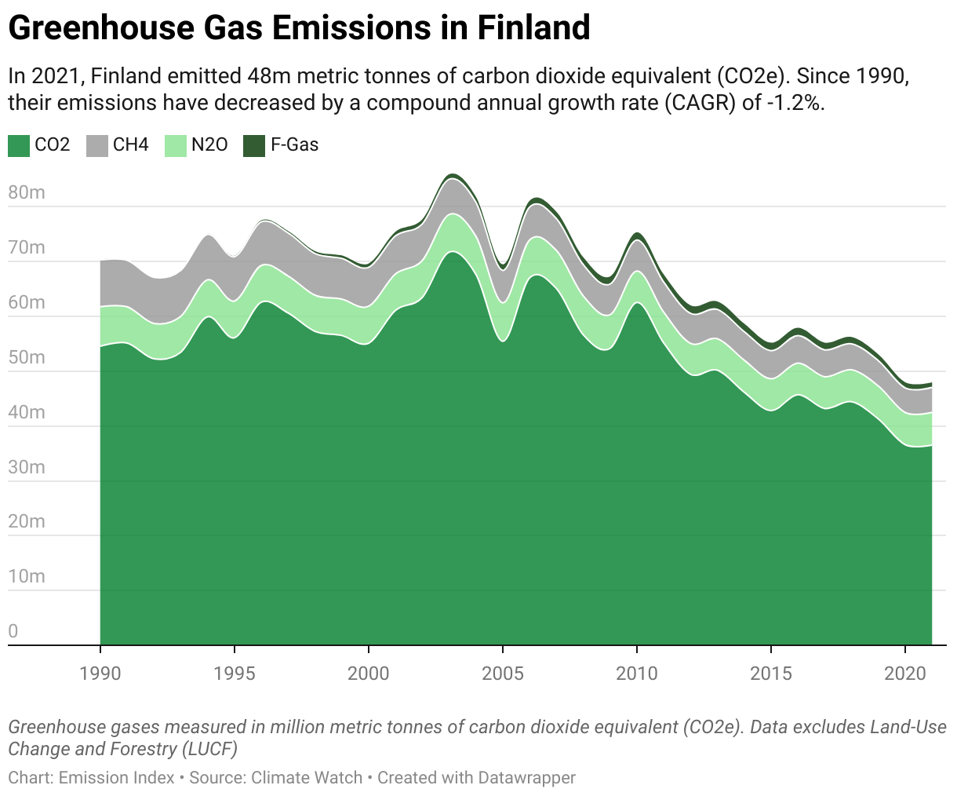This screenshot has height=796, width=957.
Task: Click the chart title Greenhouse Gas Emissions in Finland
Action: [299, 28]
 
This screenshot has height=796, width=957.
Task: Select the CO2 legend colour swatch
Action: [19, 145]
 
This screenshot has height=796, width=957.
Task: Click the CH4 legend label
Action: [130, 144]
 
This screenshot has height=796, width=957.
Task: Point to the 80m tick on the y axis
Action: [26, 193]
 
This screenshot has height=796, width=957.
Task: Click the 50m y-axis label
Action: [26, 357]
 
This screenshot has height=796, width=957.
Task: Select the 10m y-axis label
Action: [26, 576]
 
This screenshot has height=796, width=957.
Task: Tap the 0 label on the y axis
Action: [13, 631]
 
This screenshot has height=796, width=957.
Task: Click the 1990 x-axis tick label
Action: [100, 673]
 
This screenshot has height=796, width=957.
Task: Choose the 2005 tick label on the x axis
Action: [503, 673]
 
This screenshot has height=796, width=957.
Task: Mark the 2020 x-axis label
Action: [905, 673]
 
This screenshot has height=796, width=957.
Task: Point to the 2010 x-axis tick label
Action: [637, 673]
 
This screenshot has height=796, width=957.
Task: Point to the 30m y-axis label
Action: [26, 467]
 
